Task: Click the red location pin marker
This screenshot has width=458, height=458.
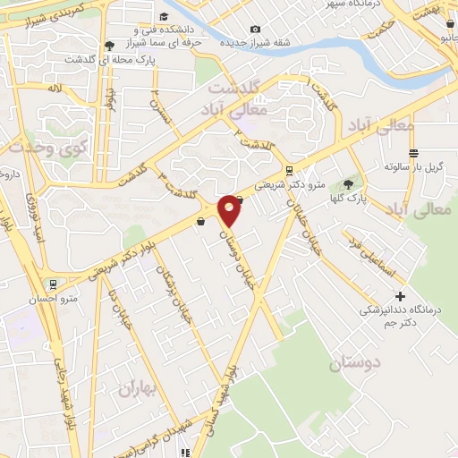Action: [230, 209]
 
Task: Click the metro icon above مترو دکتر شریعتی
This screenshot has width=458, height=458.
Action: [288, 169]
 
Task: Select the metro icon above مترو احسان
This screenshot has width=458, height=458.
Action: [54, 284]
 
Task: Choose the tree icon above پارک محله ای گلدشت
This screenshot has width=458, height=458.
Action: [110, 45]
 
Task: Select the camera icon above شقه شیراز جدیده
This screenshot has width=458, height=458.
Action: [256, 30]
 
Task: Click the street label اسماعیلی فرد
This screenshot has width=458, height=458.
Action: [366, 255]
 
